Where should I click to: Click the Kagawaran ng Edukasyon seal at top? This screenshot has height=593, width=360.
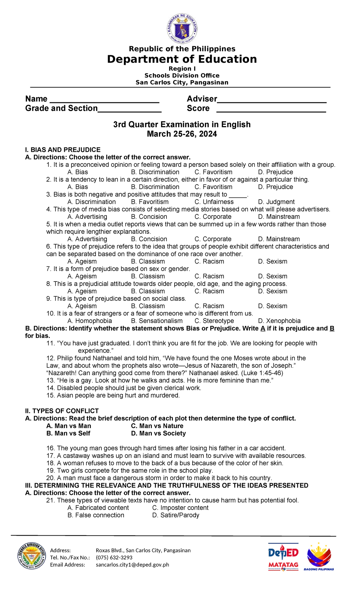coord(182,29)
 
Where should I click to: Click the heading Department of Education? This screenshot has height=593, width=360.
coord(182,59)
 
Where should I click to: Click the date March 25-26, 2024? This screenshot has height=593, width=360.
coord(182,134)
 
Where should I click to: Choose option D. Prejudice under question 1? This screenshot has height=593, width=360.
coord(275,172)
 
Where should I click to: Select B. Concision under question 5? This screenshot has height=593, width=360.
coord(149,239)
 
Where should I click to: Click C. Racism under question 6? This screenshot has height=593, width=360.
coord(209,261)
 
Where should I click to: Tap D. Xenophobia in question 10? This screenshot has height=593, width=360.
coord(279,321)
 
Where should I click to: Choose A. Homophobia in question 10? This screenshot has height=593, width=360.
coord(90,321)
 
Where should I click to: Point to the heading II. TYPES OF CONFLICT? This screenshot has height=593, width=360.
coord(62,411)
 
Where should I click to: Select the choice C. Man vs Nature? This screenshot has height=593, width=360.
coord(157,426)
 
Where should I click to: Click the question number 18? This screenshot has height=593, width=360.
coord(50,463)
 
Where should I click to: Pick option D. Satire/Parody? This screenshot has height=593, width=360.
coord(175,515)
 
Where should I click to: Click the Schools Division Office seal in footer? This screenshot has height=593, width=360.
coord(31,556)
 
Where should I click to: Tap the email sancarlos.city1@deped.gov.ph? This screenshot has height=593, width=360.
coord(132,565)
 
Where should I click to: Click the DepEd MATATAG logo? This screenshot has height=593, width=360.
coord(283,556)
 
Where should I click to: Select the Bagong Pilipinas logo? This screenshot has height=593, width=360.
coord(319,556)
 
